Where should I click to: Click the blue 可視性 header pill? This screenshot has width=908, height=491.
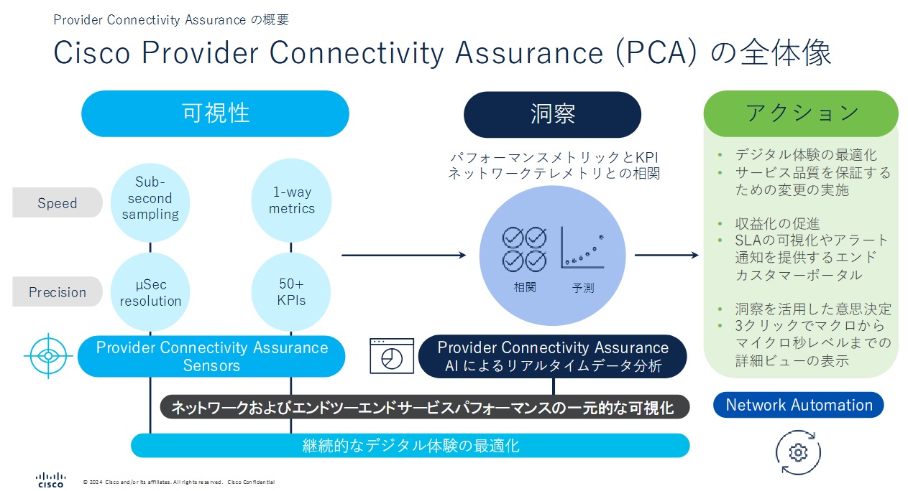(215, 113)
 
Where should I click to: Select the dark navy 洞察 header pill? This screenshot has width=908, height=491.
(552, 114)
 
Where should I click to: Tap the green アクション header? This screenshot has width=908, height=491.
(801, 113)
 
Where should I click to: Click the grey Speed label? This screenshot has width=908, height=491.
(58, 203)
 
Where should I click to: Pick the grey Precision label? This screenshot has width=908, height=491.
(58, 292)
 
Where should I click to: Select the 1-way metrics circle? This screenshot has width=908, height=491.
(291, 200)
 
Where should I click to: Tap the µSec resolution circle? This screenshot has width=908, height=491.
(150, 293)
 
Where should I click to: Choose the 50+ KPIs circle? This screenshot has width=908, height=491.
(291, 292)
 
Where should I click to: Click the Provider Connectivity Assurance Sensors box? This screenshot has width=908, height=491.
(211, 356)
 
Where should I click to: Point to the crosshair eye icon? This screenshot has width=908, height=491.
(47, 355)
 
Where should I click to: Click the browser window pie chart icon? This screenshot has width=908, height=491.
(391, 356)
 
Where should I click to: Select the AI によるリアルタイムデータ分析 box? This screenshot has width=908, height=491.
(553, 356)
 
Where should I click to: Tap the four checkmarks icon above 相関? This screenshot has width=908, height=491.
(524, 248)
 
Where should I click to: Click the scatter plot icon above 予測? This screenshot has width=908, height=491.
(582, 248)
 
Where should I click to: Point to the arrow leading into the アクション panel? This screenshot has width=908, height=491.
(666, 255)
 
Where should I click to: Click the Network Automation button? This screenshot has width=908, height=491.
(798, 405)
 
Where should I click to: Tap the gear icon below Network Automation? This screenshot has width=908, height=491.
(798, 452)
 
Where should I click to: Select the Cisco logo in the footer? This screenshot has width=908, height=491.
(50, 479)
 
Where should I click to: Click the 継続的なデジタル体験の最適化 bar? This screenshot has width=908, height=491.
(410, 446)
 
